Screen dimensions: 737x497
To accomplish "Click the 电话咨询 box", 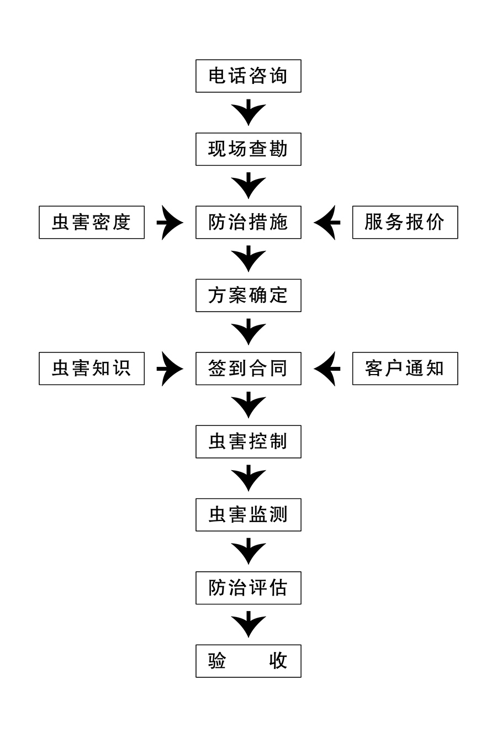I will pos(248,76).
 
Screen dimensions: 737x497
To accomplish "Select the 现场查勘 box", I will pos(248,149).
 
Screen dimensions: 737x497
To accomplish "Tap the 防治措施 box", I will pos(248,222).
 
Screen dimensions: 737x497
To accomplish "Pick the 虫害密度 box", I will pos(92,222).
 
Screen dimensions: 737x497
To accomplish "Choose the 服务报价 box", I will pos(405,222).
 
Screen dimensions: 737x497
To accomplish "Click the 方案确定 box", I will pos(248,296).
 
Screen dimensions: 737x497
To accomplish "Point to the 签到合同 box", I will pos(248,368).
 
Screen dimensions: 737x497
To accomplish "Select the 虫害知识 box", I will pos(92,368).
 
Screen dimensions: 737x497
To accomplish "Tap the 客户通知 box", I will pos(405,368).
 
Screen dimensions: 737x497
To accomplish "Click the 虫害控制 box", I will pos(248,441).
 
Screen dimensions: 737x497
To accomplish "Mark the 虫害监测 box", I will pos(248,515).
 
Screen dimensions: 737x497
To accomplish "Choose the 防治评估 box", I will pos(248,588).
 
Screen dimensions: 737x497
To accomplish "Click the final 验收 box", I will pos(248,661).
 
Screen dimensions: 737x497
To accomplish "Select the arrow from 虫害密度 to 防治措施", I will pos(170,223).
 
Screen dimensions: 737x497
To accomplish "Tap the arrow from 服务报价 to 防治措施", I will pos(327,223).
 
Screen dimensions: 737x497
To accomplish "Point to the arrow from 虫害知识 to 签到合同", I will pos(170,368).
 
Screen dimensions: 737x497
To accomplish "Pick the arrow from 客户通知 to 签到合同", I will pos(327,368).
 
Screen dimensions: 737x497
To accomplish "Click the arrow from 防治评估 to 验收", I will pos(248,625).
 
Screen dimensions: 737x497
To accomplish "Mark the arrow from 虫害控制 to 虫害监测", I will pos(248,478).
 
